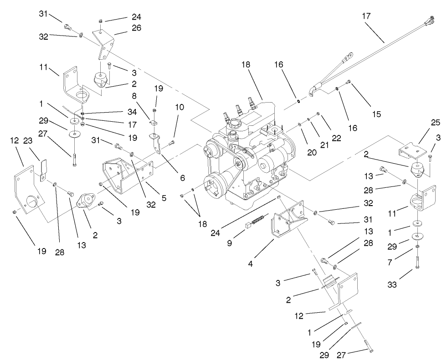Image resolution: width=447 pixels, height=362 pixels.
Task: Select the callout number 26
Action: click(123, 28)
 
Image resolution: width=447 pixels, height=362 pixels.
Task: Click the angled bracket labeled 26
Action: click(104, 46)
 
